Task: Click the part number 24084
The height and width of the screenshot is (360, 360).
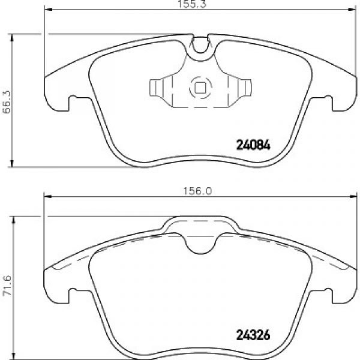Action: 253,145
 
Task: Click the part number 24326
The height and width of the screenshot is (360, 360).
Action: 253,335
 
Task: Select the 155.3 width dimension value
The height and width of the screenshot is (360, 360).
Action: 193,4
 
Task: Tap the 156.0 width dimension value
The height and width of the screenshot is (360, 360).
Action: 197,191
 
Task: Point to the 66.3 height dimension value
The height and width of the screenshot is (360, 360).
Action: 7,102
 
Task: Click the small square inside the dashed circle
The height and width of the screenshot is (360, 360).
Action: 200,88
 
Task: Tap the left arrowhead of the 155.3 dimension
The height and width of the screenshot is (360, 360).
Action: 49,10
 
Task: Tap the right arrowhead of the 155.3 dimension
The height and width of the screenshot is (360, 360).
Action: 352,10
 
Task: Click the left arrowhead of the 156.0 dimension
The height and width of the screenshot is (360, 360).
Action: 48,197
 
